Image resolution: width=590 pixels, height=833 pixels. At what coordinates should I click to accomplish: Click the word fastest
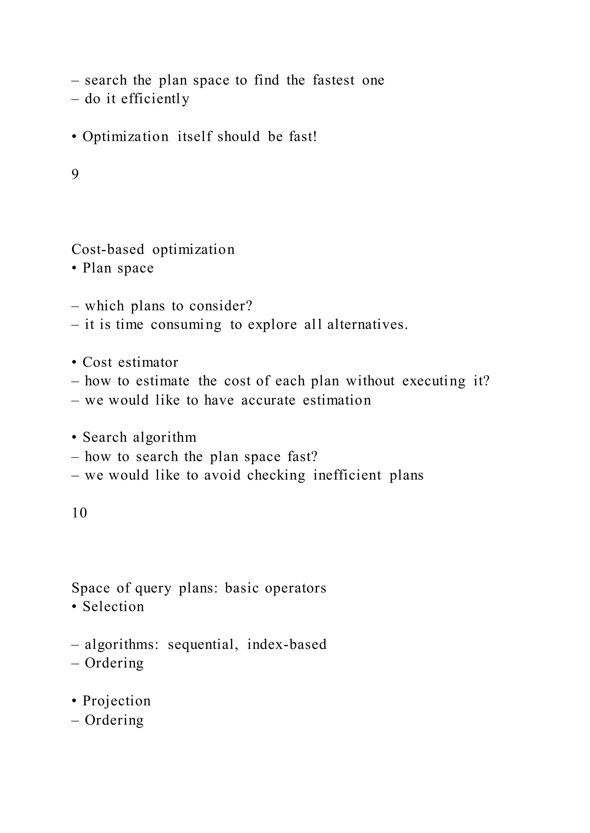pyautogui.click(x=333, y=80)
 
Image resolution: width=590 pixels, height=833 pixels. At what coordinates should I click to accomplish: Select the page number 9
pyautogui.click(x=75, y=175)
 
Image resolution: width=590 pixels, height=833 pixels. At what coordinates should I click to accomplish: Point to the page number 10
pyautogui.click(x=80, y=513)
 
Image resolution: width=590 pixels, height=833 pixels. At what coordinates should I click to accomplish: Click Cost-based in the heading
pyautogui.click(x=108, y=250)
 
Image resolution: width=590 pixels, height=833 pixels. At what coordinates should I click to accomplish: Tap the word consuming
pyautogui.click(x=186, y=325)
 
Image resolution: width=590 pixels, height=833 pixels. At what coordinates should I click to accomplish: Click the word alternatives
pyautogui.click(x=367, y=325)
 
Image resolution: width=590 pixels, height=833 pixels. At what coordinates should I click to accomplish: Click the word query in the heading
pyautogui.click(x=153, y=589)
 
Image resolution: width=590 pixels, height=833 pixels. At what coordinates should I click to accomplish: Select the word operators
pyautogui.click(x=295, y=588)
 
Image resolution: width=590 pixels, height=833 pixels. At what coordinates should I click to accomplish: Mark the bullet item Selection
pyautogui.click(x=113, y=607)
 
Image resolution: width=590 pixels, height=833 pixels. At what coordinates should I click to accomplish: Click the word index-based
pyautogui.click(x=287, y=645)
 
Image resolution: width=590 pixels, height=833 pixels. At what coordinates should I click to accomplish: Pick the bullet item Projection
pyautogui.click(x=116, y=701)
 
